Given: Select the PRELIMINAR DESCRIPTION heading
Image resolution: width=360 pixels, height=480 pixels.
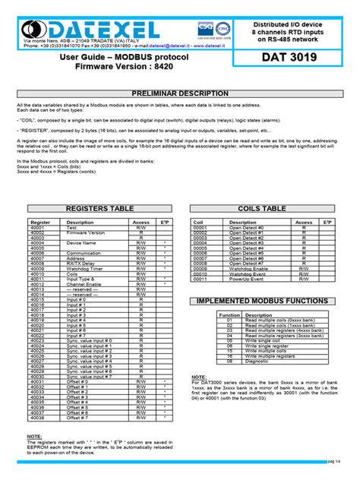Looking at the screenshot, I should [x=180, y=93].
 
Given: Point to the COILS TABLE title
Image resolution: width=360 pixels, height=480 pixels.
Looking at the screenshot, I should [x=262, y=208].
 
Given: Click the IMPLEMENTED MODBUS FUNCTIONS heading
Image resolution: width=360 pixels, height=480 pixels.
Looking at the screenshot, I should [x=263, y=302].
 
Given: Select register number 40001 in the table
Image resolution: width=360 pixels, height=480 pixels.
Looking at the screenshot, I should [x=38, y=227].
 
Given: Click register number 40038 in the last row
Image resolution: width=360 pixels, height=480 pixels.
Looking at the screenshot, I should [x=38, y=418].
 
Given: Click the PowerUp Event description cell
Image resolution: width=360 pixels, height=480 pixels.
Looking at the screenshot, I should [x=246, y=279].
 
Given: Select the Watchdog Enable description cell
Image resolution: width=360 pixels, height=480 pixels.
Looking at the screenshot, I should [x=248, y=268].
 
